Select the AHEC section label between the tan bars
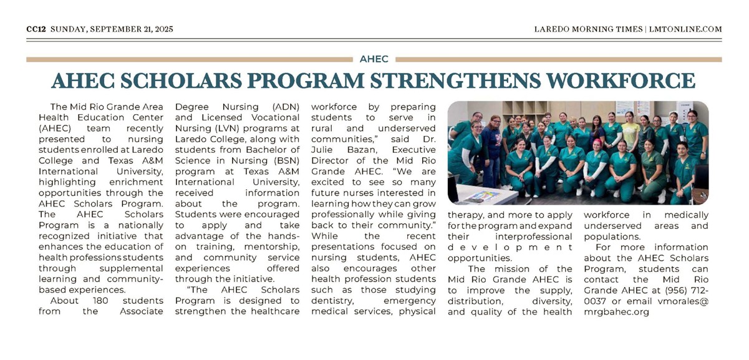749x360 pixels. (x=374, y=59)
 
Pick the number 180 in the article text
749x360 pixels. (x=99, y=301)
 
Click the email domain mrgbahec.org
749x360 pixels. (x=616, y=311)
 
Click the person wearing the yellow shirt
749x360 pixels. (x=630, y=132)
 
